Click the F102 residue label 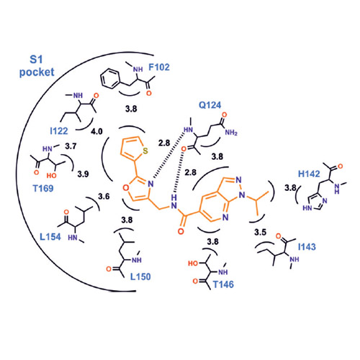pyautogui.click(x=159, y=67)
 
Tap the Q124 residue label pyautogui.click(x=210, y=105)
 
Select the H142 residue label pyautogui.click(x=309, y=174)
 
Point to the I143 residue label pyautogui.click(x=307, y=247)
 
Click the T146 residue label pyautogui.click(x=223, y=284)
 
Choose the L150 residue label pyautogui.click(x=140, y=276)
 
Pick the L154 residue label pyautogui.click(x=50, y=237)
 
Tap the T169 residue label pyautogui.click(x=43, y=189)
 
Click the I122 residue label pyautogui.click(x=59, y=131)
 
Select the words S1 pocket pyautogui.click(x=37, y=66)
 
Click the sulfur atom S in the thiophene pyautogui.click(x=145, y=151)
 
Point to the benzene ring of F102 pyautogui.click(x=109, y=78)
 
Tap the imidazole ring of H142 pyautogui.click(x=317, y=202)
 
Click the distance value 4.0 pyautogui.click(x=96, y=132)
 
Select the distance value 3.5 pyautogui.click(x=261, y=233)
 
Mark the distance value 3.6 pyautogui.click(x=104, y=197)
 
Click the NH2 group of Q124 pyautogui.click(x=231, y=132)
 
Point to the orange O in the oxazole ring pyautogui.click(x=126, y=188)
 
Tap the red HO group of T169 pyautogui.click(x=51, y=176)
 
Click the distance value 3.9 pyautogui.click(x=83, y=174)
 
